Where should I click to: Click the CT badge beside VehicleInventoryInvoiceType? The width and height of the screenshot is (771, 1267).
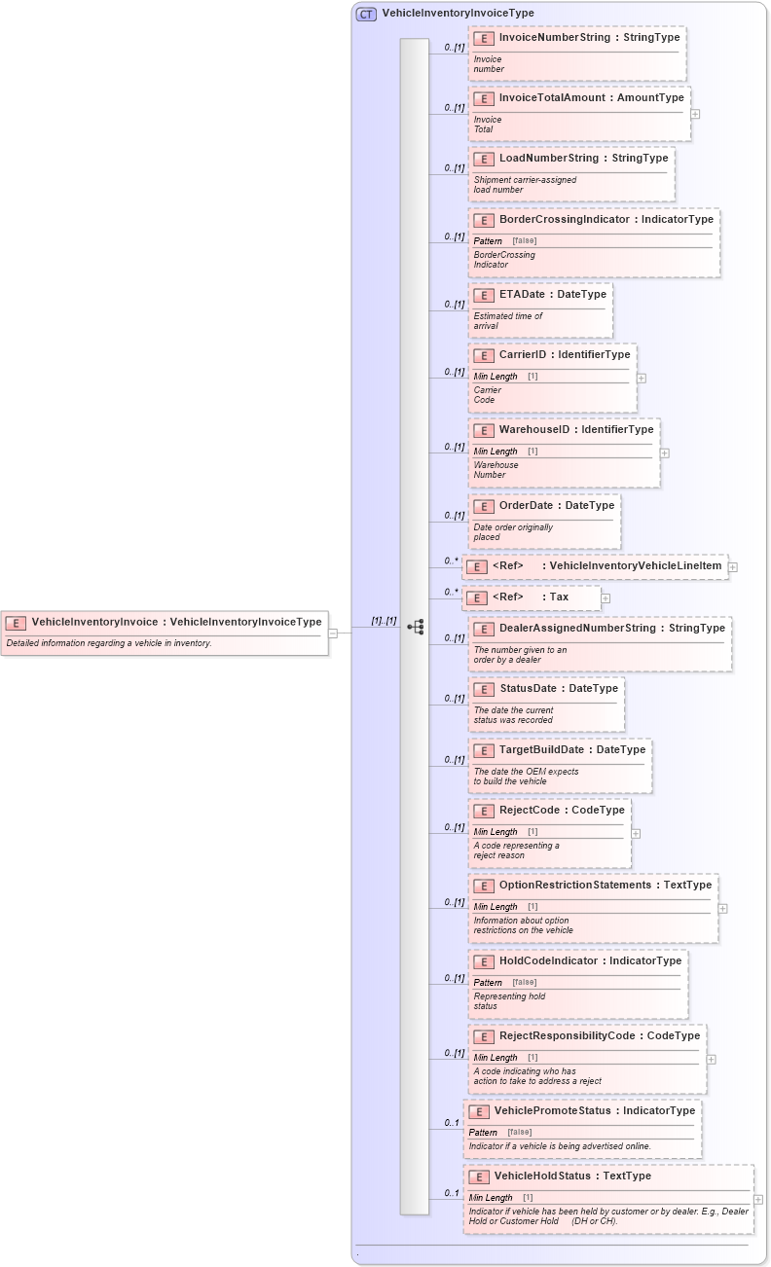click(x=366, y=14)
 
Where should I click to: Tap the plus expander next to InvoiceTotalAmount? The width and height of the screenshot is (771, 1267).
click(x=695, y=114)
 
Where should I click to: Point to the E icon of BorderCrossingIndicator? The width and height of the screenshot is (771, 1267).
click(x=484, y=220)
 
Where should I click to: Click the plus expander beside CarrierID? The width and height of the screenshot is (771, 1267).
click(x=641, y=378)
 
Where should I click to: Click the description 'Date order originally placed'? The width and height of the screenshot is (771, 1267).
click(x=513, y=532)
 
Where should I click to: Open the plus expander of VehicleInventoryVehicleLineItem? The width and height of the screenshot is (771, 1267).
click(x=732, y=567)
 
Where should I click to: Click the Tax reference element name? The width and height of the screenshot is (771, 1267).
click(x=559, y=597)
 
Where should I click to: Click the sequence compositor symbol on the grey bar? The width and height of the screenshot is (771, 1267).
click(x=415, y=628)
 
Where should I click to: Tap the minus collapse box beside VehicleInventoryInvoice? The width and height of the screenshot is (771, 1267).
click(x=333, y=633)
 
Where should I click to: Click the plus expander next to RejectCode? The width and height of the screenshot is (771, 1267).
click(x=636, y=833)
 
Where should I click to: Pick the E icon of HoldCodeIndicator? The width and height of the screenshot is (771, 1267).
click(x=484, y=961)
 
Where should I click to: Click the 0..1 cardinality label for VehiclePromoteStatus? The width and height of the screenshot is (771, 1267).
click(x=452, y=1123)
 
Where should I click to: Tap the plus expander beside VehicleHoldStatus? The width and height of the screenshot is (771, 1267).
click(x=758, y=1200)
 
